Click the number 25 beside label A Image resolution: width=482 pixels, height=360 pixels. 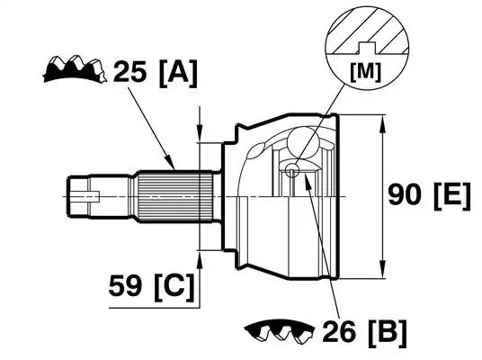(129, 72)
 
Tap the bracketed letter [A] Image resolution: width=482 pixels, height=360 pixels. (178, 74)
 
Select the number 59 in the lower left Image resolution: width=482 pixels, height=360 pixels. (125, 285)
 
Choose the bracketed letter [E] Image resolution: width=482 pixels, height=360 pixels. (452, 196)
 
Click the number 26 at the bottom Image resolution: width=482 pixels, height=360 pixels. (339, 331)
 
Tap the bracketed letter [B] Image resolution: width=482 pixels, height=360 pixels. (388, 333)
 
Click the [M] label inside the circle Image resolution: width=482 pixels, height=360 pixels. (366, 72)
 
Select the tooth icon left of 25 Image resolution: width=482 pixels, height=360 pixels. (75, 69)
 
